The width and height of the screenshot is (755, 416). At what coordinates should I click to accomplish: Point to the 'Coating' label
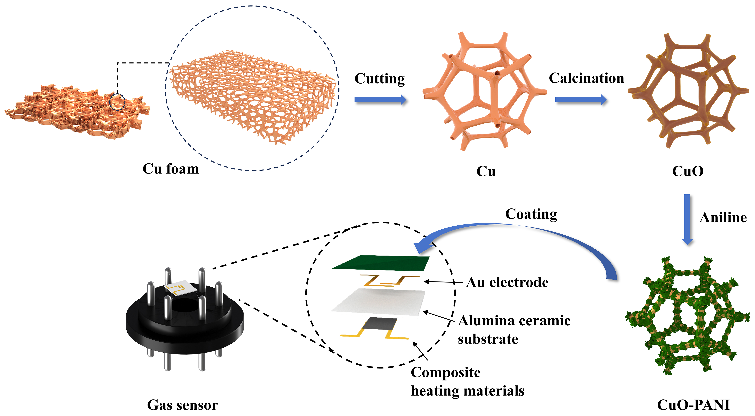click(531, 214)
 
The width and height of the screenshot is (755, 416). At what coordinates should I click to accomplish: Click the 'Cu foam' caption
click(171, 169)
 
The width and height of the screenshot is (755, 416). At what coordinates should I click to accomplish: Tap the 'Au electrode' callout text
click(507, 282)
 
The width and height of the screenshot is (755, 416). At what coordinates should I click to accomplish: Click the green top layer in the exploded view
click(381, 263)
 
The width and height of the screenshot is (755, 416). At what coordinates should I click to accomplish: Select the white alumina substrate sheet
click(378, 302)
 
